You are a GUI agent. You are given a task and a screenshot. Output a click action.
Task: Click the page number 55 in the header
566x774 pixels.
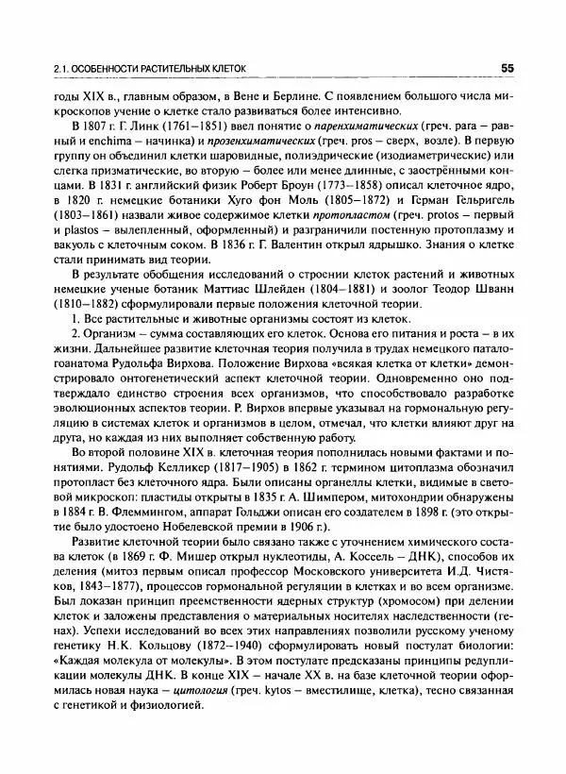coord(507,68)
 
